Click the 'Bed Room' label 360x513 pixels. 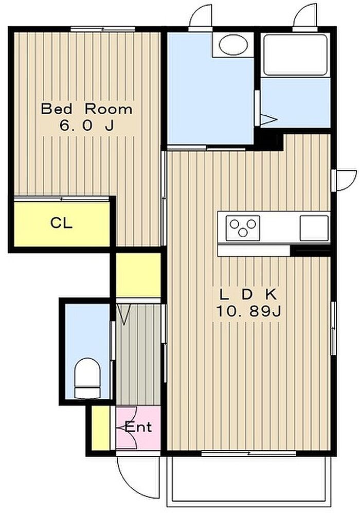pos(86,109)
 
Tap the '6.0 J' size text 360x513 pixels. pos(86,126)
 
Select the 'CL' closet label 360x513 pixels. pos(62,223)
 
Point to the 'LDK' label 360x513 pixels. pos(248,295)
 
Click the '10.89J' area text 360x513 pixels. pos(248,311)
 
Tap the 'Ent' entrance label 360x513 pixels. pos(139,427)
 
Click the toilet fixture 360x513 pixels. pos(87,378)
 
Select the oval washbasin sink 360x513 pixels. pos(233,45)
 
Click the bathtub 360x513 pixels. pos(296,55)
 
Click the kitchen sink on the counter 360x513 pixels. pos(314,228)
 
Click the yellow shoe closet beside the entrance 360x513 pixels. pos(100,428)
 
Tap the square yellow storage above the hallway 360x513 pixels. pos(138,275)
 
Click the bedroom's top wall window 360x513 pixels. pos(103,29)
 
